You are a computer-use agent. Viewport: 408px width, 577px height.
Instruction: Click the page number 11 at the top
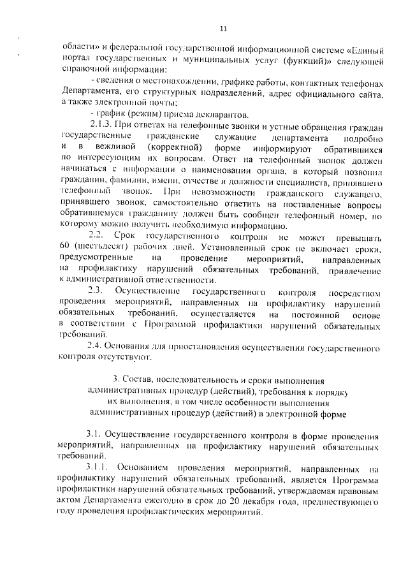point(223,28)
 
